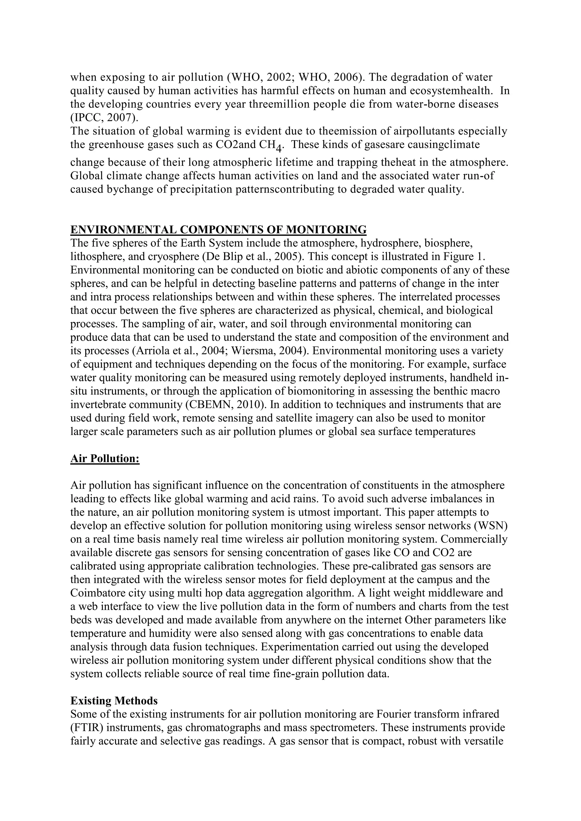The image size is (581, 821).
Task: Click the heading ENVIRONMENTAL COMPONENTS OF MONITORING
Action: [x=218, y=229]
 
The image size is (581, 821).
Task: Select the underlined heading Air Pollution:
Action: [x=105, y=458]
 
